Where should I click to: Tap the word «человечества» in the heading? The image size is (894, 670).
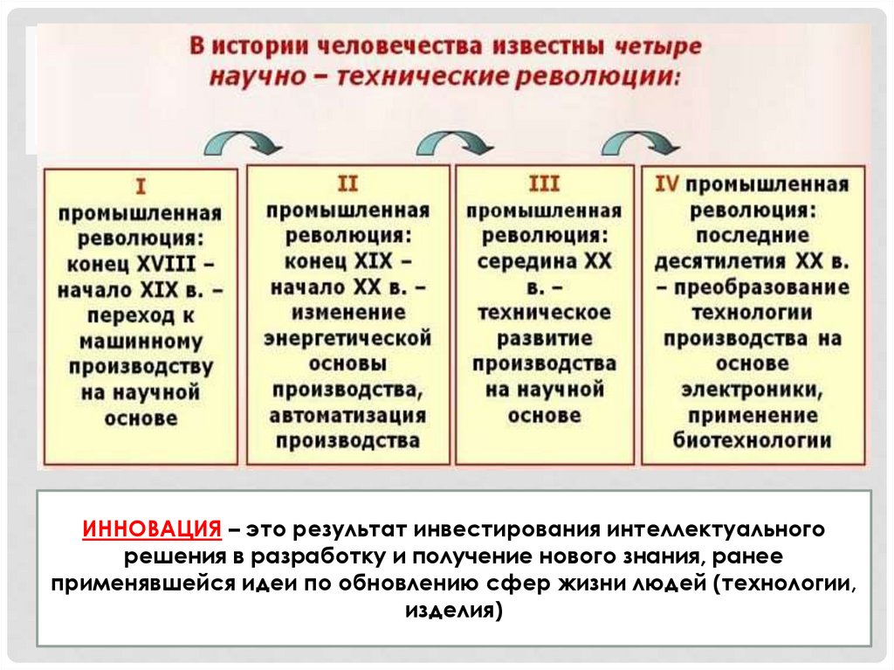pyautogui.click(x=400, y=46)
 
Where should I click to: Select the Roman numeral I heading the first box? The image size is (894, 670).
pyautogui.click(x=141, y=187)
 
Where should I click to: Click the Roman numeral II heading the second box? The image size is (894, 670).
pyautogui.click(x=347, y=183)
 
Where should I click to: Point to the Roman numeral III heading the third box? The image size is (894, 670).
pyautogui.click(x=544, y=183)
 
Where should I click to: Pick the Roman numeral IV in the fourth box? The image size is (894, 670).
pyautogui.click(x=666, y=183)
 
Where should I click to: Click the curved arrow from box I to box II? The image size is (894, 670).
pyautogui.click(x=243, y=141)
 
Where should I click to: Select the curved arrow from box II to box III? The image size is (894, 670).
pyautogui.click(x=454, y=141)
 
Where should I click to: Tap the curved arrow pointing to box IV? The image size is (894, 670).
pyautogui.click(x=640, y=141)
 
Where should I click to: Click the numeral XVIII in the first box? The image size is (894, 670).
pyautogui.click(x=167, y=264)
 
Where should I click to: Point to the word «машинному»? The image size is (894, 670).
pyautogui.click(x=141, y=342)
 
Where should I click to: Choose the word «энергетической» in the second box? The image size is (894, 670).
pyautogui.click(x=347, y=338)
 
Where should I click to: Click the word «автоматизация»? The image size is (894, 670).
pyautogui.click(x=347, y=415)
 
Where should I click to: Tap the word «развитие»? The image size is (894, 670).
pyautogui.click(x=544, y=338)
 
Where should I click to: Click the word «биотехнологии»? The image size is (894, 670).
pyautogui.click(x=752, y=440)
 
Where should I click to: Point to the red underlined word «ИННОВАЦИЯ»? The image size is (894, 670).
pyautogui.click(x=152, y=528)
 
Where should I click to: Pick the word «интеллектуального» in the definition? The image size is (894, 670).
pyautogui.click(x=715, y=529)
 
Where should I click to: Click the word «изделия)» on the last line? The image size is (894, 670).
pyautogui.click(x=454, y=611)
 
